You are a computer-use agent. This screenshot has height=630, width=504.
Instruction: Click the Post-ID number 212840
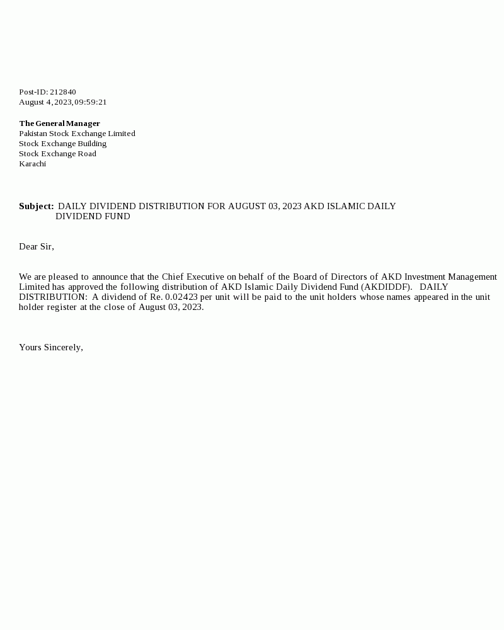pyautogui.click(x=63, y=92)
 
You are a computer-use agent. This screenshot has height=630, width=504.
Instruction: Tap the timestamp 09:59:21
pyautogui.click(x=91, y=102)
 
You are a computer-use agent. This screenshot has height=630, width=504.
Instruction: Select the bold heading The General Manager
pyautogui.click(x=59, y=123)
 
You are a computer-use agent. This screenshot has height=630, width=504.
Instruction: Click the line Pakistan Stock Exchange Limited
pyautogui.click(x=77, y=134)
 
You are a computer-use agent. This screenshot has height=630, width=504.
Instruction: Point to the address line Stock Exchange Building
pyautogui.click(x=62, y=144)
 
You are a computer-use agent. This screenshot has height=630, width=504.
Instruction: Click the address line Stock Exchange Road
pyautogui.click(x=57, y=154)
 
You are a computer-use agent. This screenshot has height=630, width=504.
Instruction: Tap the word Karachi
pyautogui.click(x=32, y=164)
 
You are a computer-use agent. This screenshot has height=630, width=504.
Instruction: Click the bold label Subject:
pyautogui.click(x=37, y=206)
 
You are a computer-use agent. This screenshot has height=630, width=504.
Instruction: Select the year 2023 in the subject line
pyautogui.click(x=292, y=206)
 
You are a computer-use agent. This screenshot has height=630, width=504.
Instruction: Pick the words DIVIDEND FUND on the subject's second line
pyautogui.click(x=93, y=216)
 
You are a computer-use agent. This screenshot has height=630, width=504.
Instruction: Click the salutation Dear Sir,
pyautogui.click(x=37, y=246)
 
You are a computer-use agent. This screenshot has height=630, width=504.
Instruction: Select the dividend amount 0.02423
pyautogui.click(x=181, y=297)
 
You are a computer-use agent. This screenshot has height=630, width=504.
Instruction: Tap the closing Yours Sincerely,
pyautogui.click(x=51, y=347)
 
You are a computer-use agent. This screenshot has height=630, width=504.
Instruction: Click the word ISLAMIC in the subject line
pyautogui.click(x=346, y=206)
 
